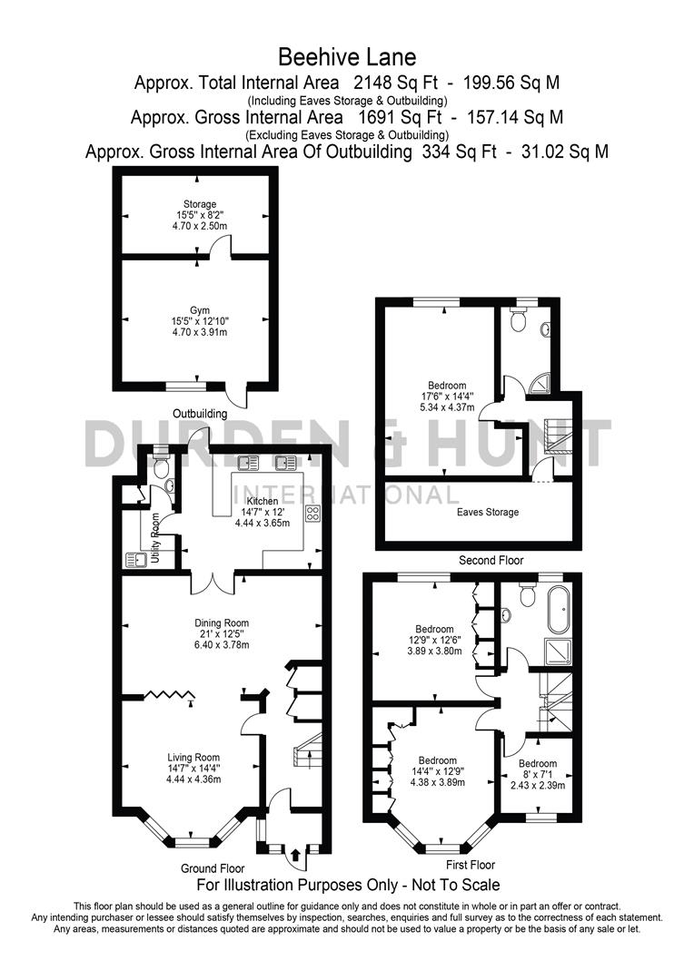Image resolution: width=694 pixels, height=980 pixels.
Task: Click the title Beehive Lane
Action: [347, 57]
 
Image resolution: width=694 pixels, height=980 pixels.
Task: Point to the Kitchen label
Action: [262, 501]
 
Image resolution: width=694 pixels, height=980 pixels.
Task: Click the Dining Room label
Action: [222, 622]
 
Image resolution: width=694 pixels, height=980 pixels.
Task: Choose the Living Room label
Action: [193, 757]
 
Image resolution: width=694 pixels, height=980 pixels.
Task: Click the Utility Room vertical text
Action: [155, 539]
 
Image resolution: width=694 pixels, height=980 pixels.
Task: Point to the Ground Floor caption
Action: [213, 868]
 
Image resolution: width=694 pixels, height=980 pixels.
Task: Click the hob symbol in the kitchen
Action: [313, 514]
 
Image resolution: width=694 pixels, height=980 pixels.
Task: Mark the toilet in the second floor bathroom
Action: [519, 319]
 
